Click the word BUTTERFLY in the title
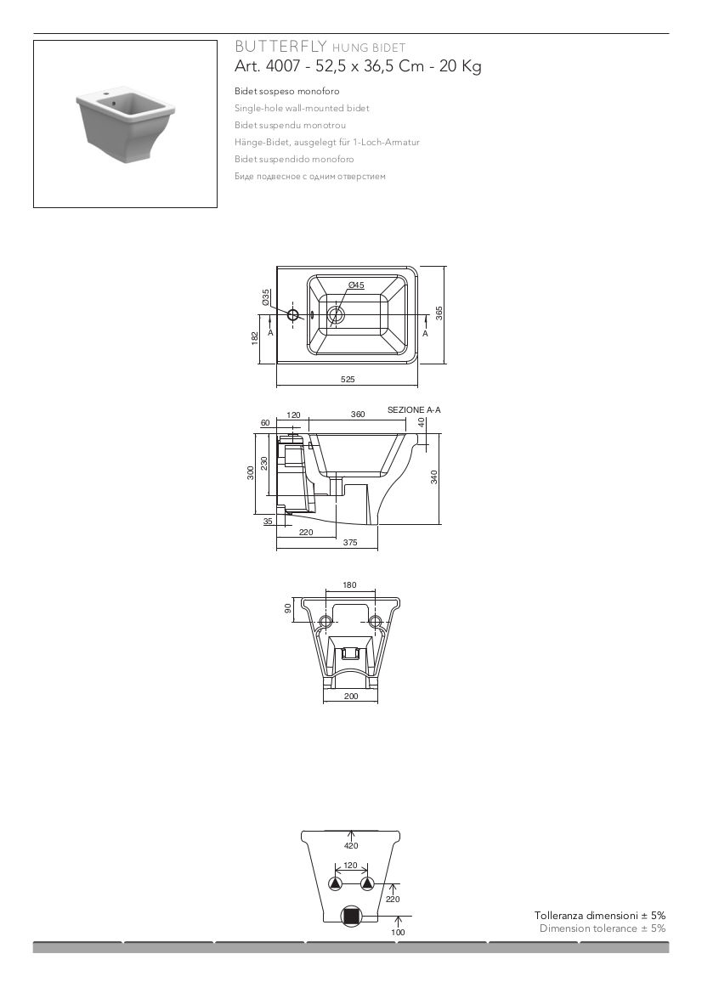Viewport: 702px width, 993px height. pos(280,46)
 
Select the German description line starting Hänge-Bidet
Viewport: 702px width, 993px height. pos(327,143)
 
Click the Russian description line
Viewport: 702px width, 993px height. pos(310,176)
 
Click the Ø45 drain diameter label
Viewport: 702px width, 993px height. pos(357,285)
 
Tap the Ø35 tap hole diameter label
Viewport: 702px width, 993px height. pos(267,296)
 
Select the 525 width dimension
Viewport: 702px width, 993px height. pos(348,380)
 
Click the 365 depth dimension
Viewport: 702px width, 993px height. pos(439,313)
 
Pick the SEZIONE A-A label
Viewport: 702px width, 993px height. pos(414,409)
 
